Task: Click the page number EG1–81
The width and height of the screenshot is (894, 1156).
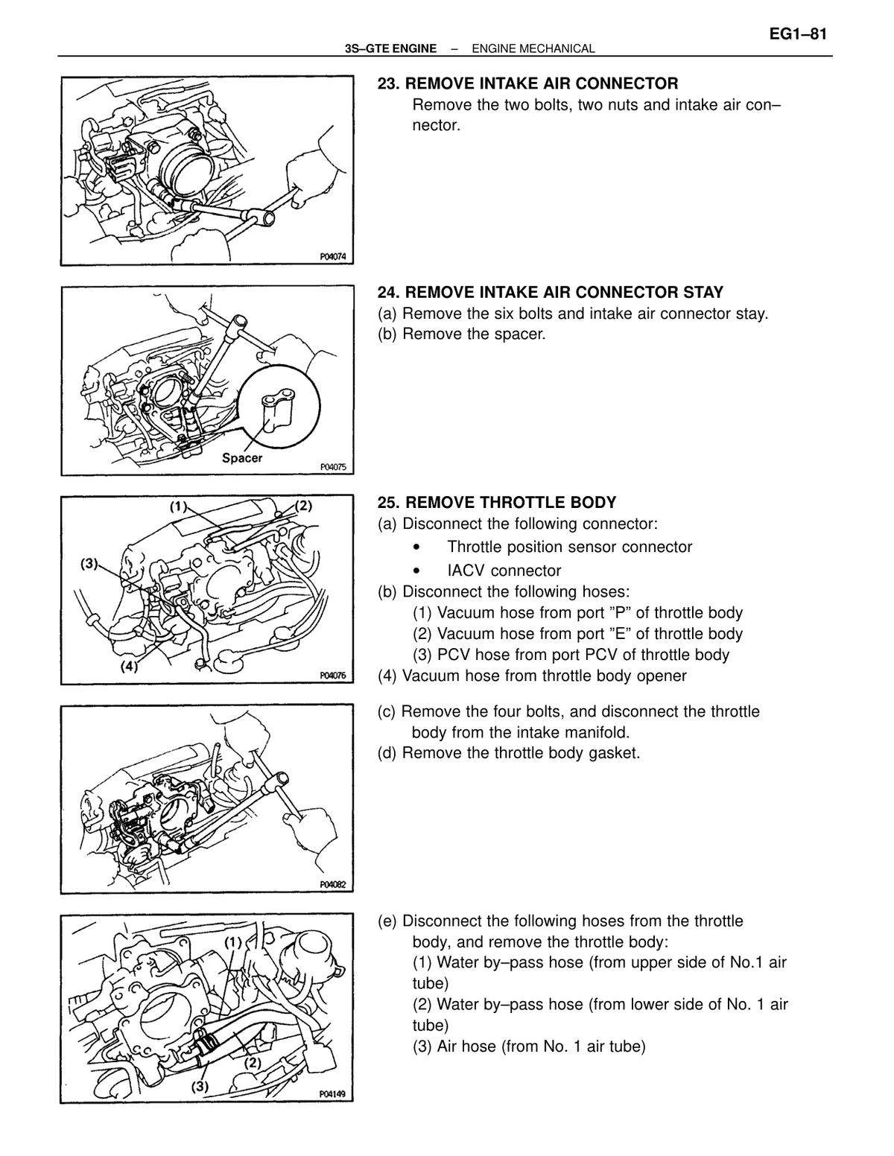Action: click(x=798, y=34)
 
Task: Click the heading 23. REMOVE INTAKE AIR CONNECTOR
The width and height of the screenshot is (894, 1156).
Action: click(x=527, y=83)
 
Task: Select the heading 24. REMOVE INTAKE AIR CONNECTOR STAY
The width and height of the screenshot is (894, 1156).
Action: click(x=551, y=293)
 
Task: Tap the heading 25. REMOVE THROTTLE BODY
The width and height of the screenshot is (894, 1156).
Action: click(x=497, y=503)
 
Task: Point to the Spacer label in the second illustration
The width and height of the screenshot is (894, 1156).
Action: click(x=242, y=458)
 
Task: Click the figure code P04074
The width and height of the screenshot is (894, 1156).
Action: click(x=333, y=257)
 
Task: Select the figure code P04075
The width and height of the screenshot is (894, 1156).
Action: click(x=333, y=467)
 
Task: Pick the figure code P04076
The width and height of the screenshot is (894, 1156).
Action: click(x=333, y=676)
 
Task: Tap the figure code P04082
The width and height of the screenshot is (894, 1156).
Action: click(x=333, y=885)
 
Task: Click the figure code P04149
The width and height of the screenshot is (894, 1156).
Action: click(x=332, y=1094)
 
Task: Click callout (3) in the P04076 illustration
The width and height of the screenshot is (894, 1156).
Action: click(x=89, y=563)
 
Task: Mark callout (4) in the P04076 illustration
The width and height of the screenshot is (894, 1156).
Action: click(x=129, y=666)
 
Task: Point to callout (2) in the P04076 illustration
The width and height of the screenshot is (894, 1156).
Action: click(x=303, y=506)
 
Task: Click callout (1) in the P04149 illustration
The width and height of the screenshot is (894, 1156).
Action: click(x=233, y=943)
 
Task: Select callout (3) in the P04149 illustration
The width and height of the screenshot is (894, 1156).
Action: click(x=200, y=1086)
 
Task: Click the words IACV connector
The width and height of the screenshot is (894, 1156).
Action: click(x=504, y=571)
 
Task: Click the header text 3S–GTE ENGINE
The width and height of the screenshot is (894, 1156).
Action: click(x=390, y=49)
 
